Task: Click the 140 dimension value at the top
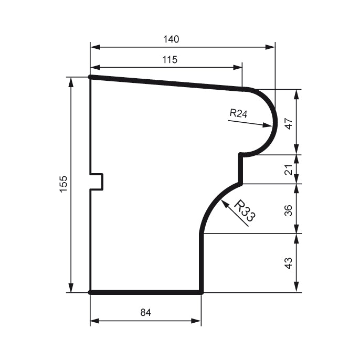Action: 171,39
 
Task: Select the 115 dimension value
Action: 170,60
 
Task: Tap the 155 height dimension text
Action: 63,184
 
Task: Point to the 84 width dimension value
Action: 146,313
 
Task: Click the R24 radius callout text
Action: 238,113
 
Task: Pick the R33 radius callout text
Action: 243,211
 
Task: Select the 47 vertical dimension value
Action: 288,123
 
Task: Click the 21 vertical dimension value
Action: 288,170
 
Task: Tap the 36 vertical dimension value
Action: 288,209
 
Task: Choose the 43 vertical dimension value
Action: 288,263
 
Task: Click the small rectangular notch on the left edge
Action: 98,182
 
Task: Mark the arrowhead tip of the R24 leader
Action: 272,126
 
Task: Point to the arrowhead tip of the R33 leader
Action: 222,201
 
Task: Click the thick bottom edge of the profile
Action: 146,292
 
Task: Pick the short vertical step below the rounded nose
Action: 241,169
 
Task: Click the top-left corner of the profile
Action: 90,77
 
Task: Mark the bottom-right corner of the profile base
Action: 202,292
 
